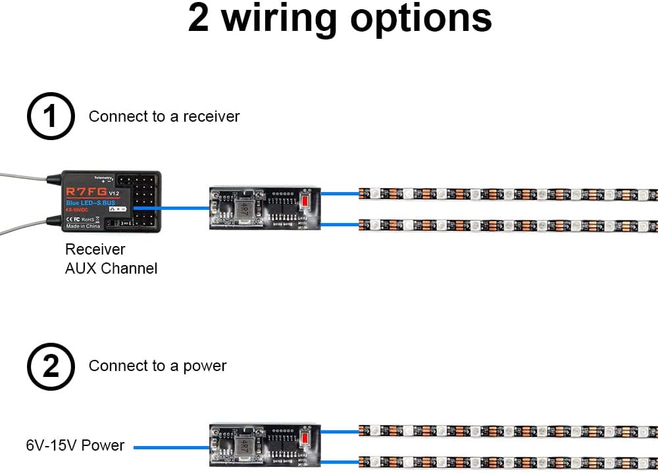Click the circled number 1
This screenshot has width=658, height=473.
click(x=50, y=117)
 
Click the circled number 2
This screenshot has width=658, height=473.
click(x=50, y=366)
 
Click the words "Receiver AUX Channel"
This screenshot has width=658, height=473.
click(x=111, y=259)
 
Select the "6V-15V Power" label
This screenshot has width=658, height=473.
click(x=75, y=445)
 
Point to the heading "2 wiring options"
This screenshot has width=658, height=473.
click(x=340, y=18)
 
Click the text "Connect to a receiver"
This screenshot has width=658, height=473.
click(x=164, y=116)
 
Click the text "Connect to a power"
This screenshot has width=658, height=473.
click(x=157, y=366)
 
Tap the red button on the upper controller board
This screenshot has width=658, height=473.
click(x=305, y=201)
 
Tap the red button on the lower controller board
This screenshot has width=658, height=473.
click(x=305, y=438)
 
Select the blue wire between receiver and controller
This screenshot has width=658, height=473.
click(x=172, y=208)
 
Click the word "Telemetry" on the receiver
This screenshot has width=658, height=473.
click(x=104, y=177)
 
